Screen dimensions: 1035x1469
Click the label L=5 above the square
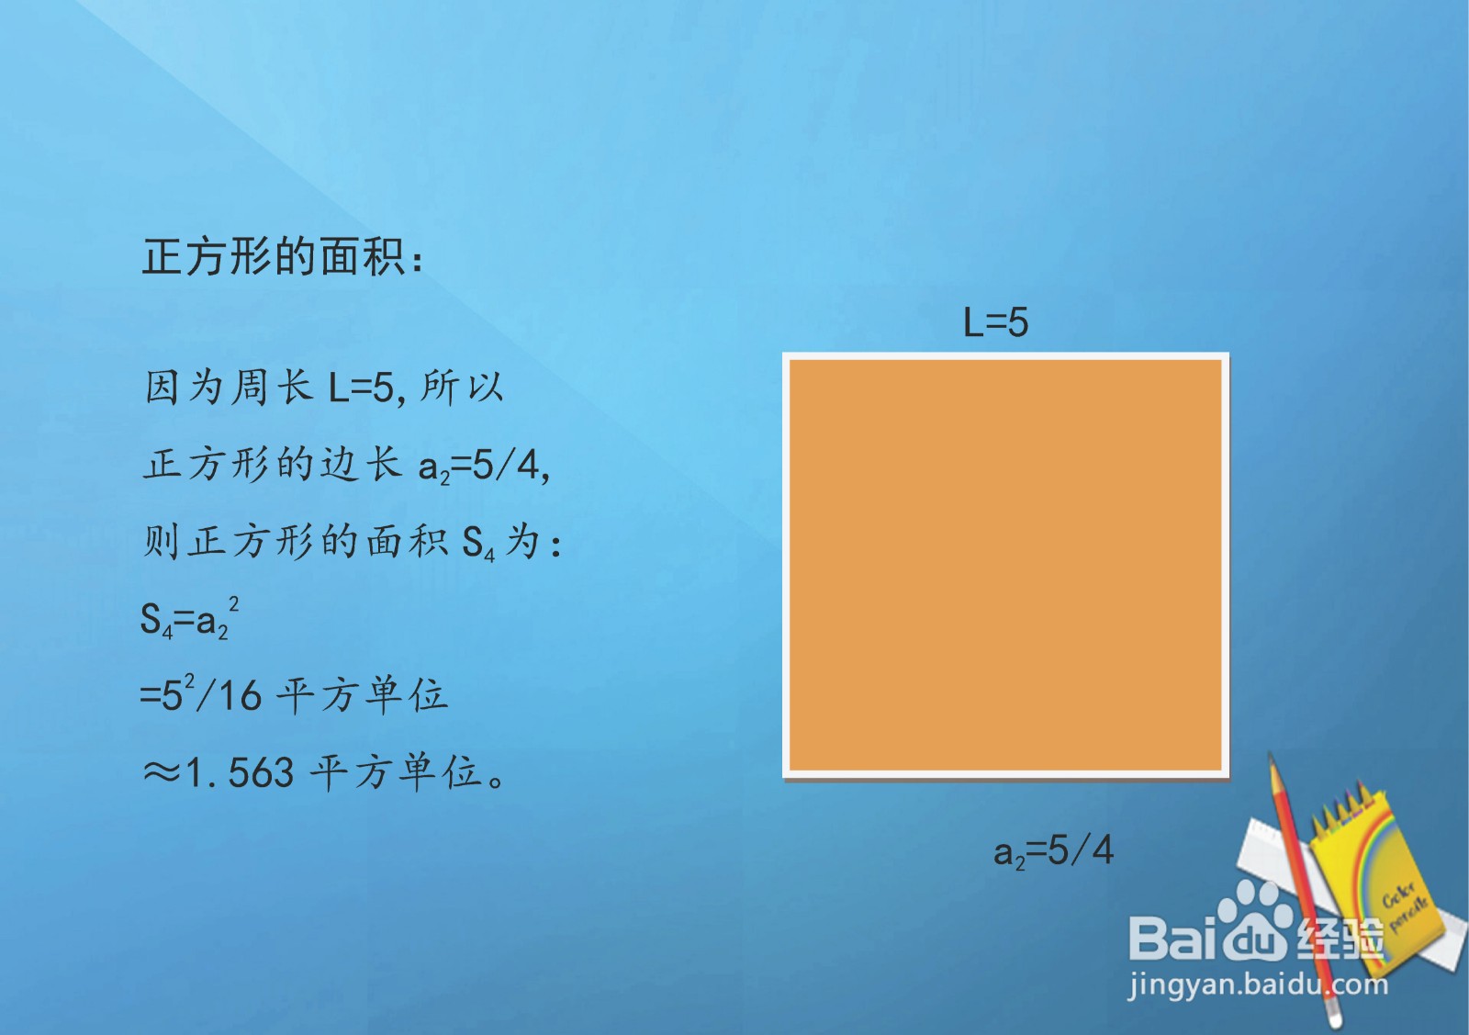[995, 323]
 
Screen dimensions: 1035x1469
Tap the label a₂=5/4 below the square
[1053, 850]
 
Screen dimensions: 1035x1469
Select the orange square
[1005, 565]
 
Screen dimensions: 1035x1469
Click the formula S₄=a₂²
[189, 618]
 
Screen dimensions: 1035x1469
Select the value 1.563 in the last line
[240, 773]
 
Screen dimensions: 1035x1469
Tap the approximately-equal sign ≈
[161, 773]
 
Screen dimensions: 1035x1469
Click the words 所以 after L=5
[463, 388]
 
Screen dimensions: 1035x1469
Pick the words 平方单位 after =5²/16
[362, 695]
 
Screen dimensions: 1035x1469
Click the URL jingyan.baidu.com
[1258, 985]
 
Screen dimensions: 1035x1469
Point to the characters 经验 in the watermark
[1340, 939]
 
